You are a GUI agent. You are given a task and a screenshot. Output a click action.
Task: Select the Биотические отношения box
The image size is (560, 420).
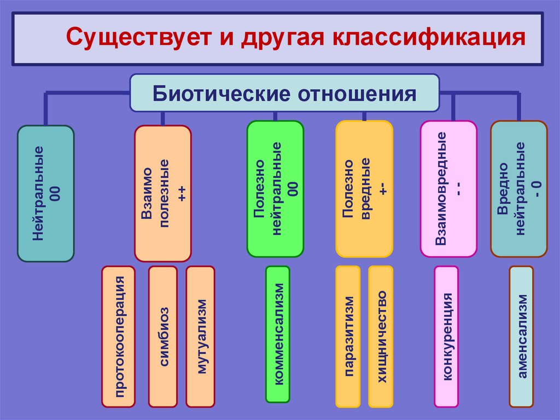coord(284,93)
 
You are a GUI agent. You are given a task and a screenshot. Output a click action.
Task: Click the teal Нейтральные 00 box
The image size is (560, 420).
coord(46,193)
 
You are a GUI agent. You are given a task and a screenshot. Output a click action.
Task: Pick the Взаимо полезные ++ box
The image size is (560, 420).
coord(162,193)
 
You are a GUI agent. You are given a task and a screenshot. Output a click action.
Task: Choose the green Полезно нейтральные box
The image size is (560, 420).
coord(275,189)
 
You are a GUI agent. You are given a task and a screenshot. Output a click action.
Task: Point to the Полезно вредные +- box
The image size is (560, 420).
coord(364,189)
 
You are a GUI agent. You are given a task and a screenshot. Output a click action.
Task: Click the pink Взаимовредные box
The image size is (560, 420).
coord(448,189)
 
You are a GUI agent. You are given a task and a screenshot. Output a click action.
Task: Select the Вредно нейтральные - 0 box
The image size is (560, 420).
coord(518,189)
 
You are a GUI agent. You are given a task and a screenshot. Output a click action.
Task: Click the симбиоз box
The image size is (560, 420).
coord(163,336)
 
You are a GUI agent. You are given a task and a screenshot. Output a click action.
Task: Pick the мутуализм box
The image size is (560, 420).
coord(201,336)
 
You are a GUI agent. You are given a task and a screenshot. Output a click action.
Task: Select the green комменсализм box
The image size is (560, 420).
coord(278,334)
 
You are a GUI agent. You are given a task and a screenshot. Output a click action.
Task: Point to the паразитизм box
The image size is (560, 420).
coord(348,336)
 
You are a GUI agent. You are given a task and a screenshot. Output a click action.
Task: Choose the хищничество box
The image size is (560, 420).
coord(381,336)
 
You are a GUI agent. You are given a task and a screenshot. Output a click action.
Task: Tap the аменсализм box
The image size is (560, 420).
coord(522,336)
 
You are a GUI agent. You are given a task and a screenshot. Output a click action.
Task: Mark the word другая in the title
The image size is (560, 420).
coord(269,39)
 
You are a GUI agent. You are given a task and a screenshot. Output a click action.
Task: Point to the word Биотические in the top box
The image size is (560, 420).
coord(220,93)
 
